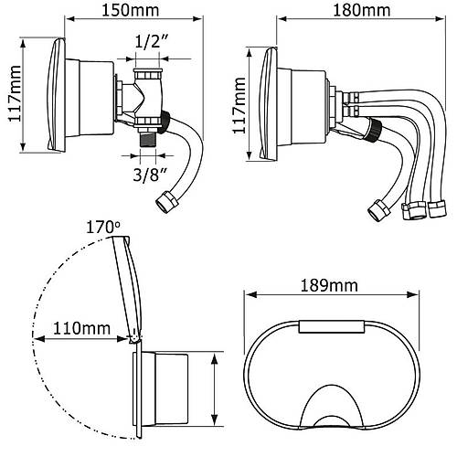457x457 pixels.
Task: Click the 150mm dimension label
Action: click(x=130, y=10)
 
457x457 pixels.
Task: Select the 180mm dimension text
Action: click(x=362, y=10)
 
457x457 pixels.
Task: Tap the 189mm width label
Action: click(x=329, y=285)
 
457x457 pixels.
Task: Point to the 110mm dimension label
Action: click(x=81, y=328)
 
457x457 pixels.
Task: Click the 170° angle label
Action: click(x=103, y=228)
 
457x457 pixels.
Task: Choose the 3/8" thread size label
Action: click(x=150, y=175)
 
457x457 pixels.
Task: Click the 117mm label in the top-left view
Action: click(x=15, y=94)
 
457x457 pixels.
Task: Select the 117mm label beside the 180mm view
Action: click(x=239, y=105)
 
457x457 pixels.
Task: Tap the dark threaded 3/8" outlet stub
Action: click(x=148, y=140)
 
